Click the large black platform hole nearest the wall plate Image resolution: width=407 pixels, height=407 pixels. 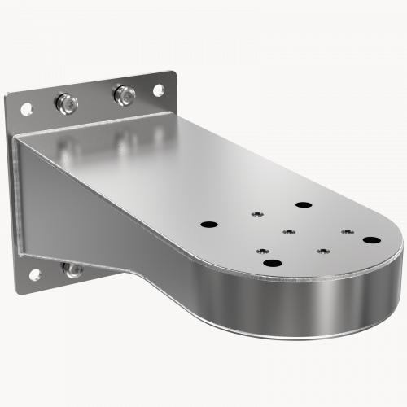[x=209, y=223]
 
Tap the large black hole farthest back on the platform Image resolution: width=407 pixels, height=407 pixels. [x=304, y=204]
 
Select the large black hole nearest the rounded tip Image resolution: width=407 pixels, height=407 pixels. [x=372, y=240]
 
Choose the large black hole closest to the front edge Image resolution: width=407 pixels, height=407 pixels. [x=272, y=262]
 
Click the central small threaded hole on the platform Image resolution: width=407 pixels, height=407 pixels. [x=288, y=231]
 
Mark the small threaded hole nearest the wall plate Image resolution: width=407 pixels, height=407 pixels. [x=256, y=213]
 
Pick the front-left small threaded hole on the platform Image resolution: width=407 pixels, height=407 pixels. [x=263, y=250]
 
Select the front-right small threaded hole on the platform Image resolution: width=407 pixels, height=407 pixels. [x=322, y=251]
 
